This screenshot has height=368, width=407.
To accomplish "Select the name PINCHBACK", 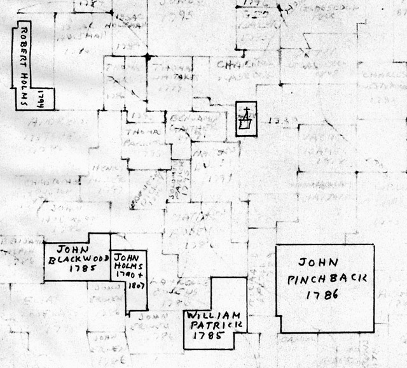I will [324, 279].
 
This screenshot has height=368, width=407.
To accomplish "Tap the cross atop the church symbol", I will [245, 113].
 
